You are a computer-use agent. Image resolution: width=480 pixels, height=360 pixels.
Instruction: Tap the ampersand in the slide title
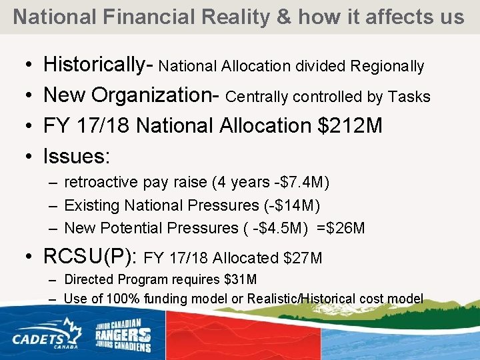[284, 17]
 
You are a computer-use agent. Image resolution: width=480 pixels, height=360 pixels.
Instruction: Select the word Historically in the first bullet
[94, 65]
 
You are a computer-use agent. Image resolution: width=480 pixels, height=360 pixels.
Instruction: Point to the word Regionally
[387, 67]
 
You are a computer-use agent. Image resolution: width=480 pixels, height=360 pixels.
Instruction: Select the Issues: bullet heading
[77, 156]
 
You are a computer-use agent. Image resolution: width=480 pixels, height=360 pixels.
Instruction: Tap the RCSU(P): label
[91, 257]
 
